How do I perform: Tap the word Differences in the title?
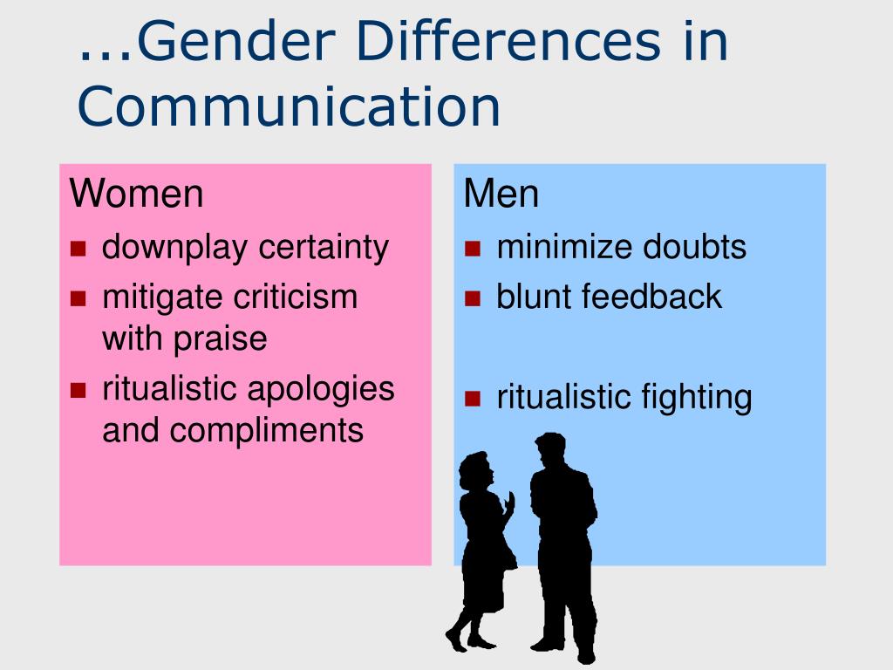[x=492, y=44]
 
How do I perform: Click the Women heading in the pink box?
[x=137, y=194]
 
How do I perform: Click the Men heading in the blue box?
[x=501, y=194]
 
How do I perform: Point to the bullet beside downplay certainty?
[x=79, y=249]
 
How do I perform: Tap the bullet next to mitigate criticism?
[x=79, y=297]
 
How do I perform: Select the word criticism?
[x=295, y=297]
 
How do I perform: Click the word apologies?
[x=322, y=389]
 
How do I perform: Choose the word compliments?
[x=267, y=430]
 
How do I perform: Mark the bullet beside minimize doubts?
[x=474, y=249]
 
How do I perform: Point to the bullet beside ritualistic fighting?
[x=474, y=400]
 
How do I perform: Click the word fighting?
[x=697, y=398]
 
